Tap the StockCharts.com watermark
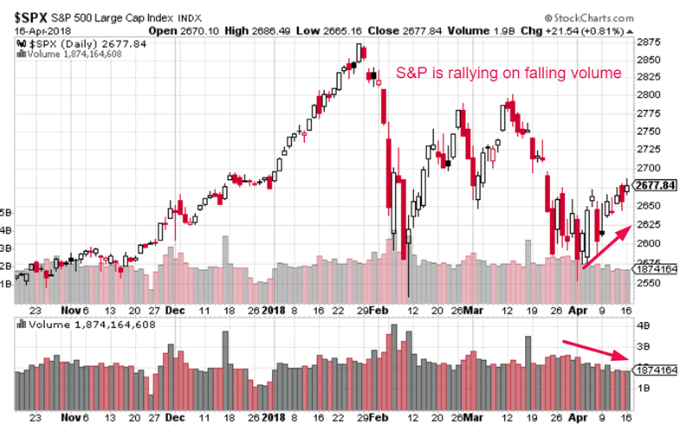[622, 17]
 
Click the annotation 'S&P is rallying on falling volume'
[508, 74]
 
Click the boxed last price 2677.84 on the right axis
[654, 184]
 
